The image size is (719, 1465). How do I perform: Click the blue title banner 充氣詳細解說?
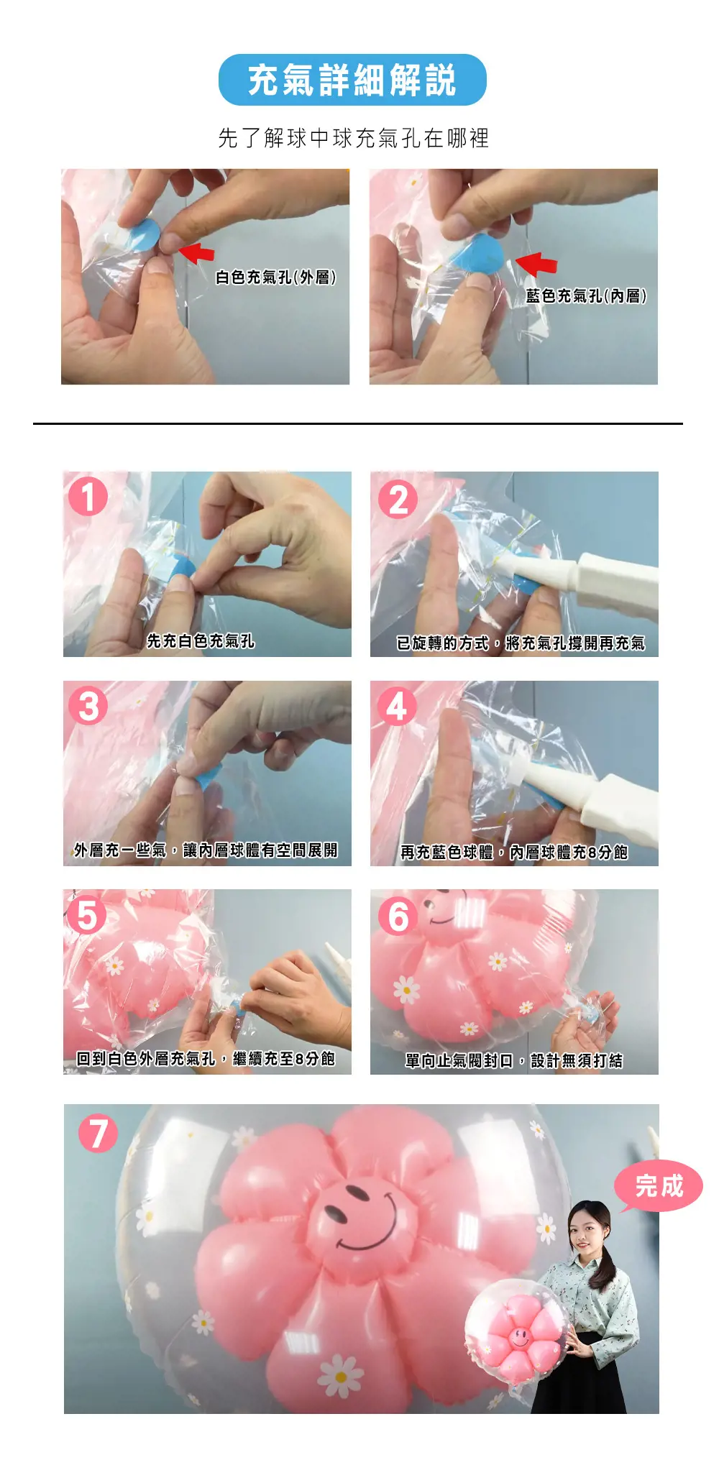352,80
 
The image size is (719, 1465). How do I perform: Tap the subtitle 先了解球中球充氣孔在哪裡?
353,137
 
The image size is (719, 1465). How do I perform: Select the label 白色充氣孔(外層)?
276,277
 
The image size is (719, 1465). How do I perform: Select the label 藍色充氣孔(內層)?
586,296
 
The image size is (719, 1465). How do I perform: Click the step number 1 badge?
88,497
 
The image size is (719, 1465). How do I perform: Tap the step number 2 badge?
398,500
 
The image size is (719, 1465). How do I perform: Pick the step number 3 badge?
88,705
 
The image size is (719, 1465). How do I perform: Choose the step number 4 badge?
397,706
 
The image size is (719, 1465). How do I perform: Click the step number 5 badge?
87,915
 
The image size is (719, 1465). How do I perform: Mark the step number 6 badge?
398,916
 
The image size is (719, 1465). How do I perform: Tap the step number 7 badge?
98,1133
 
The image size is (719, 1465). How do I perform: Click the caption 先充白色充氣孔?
201,640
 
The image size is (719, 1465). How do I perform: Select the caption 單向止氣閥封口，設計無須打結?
514,1061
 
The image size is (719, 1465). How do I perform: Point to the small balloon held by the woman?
518,1330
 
